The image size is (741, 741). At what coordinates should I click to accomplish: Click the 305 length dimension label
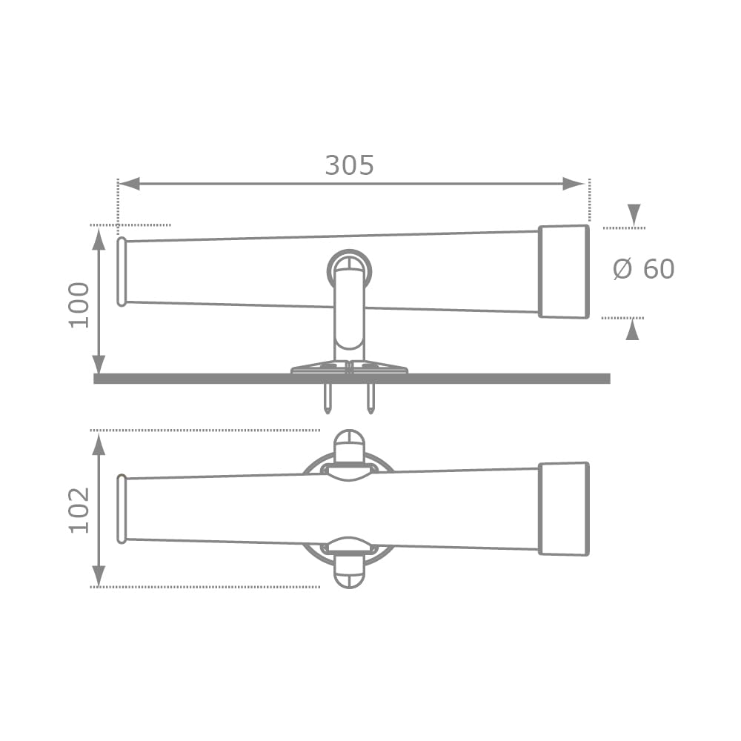(x=349, y=165)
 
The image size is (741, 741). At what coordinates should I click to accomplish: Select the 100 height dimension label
(x=79, y=305)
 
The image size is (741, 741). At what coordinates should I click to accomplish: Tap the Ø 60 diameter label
(x=644, y=269)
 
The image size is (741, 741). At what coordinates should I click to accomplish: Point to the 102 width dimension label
(x=79, y=511)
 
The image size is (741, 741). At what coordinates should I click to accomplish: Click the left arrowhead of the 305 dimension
(x=129, y=184)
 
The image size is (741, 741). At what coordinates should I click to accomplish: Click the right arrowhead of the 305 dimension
(x=574, y=184)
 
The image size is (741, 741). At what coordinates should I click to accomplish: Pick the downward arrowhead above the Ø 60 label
(x=634, y=215)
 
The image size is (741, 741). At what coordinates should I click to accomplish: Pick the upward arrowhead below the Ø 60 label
(x=632, y=330)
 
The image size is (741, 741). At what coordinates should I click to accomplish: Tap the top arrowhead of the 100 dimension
(x=99, y=238)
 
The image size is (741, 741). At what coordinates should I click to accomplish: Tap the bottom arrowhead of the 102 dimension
(x=99, y=576)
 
